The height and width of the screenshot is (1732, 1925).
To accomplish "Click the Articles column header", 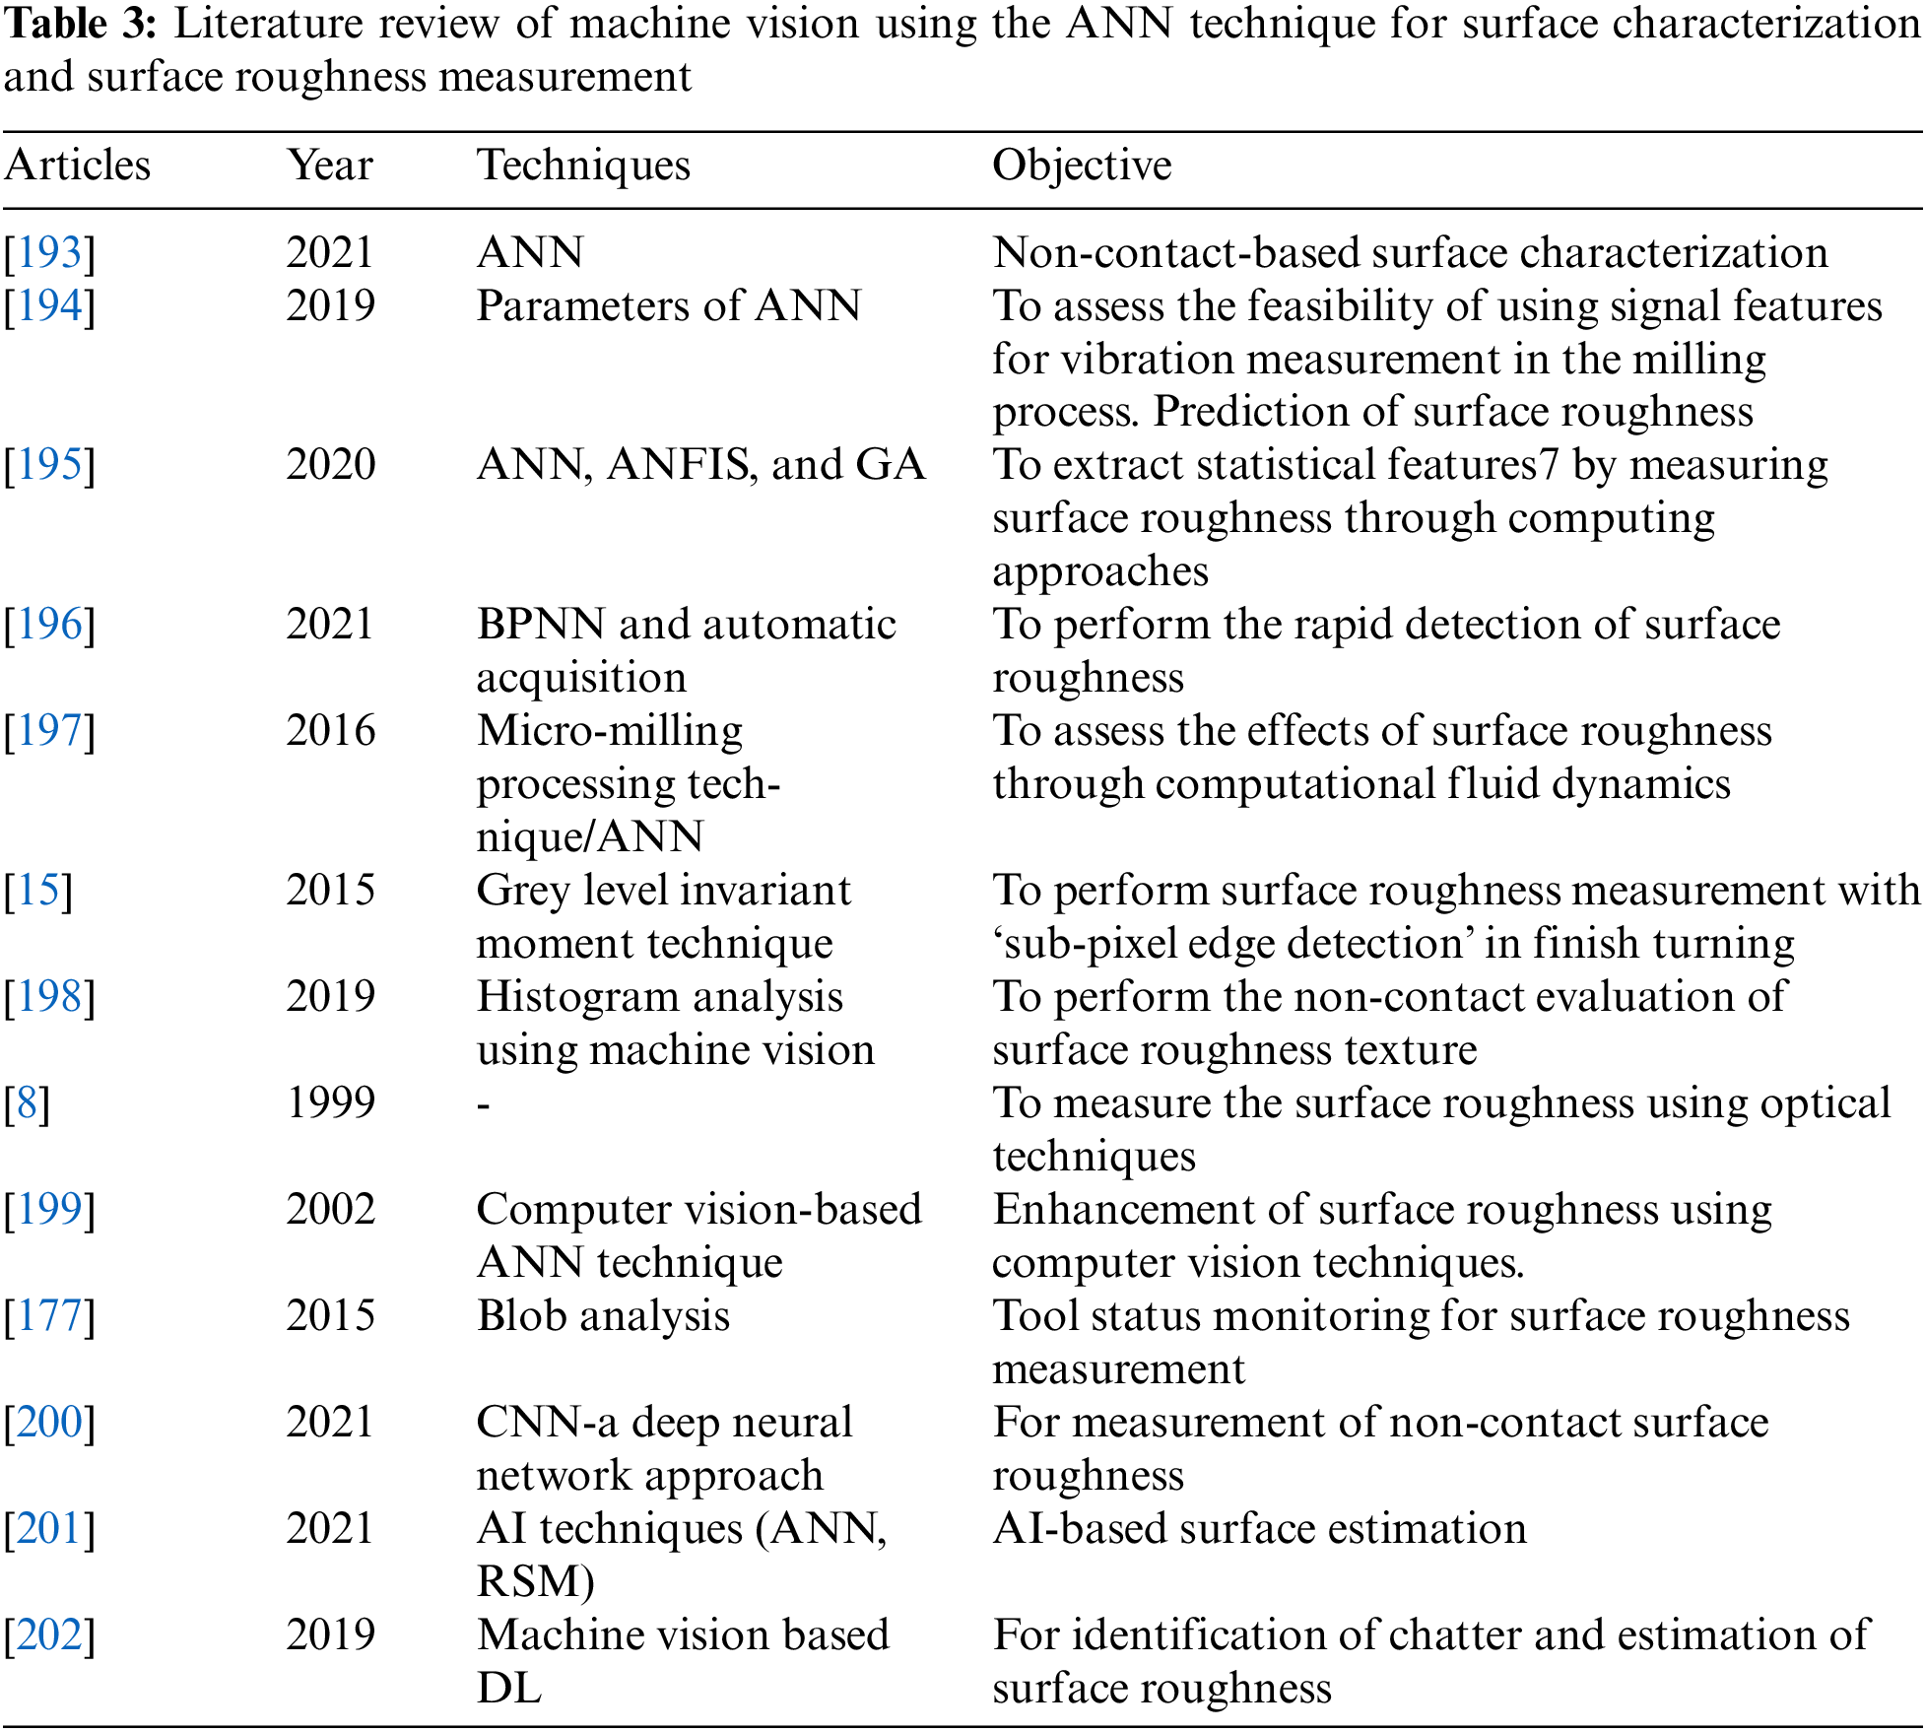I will coord(78,166).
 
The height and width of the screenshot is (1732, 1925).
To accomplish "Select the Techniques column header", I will coord(583,166).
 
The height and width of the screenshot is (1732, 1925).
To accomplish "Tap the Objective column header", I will coord(1082,166).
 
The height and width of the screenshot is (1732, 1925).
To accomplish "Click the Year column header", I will coord(330,166).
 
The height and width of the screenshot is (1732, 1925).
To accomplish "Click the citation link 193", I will coord(50,253).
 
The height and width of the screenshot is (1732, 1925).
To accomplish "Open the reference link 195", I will coord(50,465).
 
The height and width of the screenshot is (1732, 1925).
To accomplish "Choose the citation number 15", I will coord(39,891).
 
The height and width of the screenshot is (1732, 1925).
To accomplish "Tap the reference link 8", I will coord(28,1103).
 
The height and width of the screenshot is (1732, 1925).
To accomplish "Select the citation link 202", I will coord(50,1635).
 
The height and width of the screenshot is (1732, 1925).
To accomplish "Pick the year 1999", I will coord(330,1103).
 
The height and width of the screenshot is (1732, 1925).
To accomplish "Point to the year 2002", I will coord(330,1210).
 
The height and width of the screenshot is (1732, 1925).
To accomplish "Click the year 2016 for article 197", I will coord(330,731).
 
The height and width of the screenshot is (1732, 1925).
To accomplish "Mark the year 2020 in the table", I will coord(330,465).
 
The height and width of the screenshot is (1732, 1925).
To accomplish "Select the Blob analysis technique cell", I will coord(603,1316).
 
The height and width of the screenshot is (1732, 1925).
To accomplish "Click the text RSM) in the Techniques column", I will coord(535,1582).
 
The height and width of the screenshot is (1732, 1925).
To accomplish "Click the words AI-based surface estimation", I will coord(1259,1529).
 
